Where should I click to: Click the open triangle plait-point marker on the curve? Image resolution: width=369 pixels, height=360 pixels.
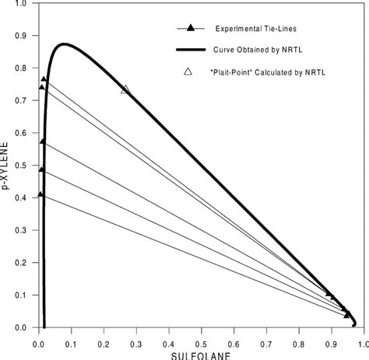tap(125, 90)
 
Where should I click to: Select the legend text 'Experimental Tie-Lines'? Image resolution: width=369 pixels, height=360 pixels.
tap(253, 29)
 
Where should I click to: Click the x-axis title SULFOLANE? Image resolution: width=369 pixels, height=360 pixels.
tap(200, 355)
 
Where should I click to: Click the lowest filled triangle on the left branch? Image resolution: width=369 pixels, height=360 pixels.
tap(41, 194)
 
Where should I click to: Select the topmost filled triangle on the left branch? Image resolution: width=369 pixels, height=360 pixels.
tap(44, 79)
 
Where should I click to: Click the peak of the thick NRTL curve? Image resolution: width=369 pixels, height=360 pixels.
tap(64, 44)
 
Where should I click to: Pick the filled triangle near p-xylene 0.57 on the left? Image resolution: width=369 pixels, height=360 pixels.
tap(42, 142)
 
